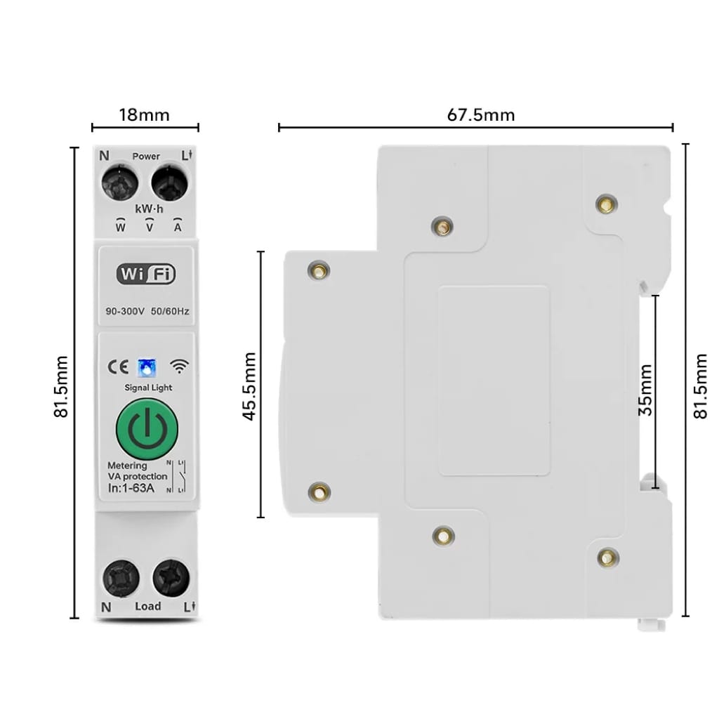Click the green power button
tap(147, 428)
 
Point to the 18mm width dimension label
tap(145, 114)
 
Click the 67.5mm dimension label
tap(481, 114)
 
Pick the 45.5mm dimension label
tap(249, 385)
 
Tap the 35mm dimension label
tap(645, 390)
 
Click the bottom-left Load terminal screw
tap(121, 577)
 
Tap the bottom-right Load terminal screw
tap(171, 577)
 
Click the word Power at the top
tap(146, 156)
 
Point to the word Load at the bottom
tap(147, 606)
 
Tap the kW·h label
tap(149, 209)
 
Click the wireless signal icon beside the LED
tap(180, 367)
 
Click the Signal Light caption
tap(148, 388)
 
